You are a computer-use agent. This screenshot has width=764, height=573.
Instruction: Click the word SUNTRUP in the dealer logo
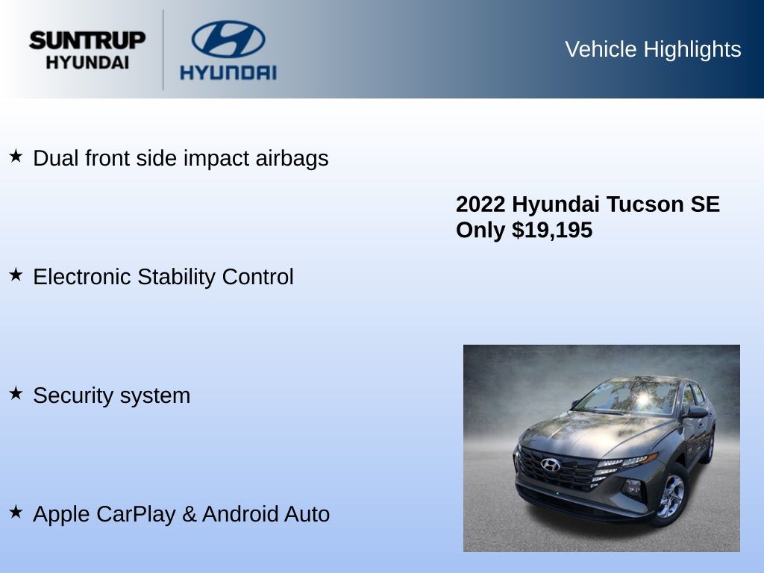[87, 40]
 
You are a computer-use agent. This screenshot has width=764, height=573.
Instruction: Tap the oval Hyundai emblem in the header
[228, 39]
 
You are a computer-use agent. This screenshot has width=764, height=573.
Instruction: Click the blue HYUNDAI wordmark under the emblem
[228, 72]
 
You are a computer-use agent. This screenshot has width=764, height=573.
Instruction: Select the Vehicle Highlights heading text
[653, 49]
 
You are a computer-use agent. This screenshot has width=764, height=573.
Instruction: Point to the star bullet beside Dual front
[16, 157]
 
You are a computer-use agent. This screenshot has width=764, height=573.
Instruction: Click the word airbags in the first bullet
[292, 159]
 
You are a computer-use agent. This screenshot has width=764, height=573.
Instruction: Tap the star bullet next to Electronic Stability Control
[16, 275]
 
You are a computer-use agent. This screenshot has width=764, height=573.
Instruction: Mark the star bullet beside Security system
[16, 393]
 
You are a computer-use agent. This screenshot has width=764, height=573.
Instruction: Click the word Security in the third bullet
[73, 395]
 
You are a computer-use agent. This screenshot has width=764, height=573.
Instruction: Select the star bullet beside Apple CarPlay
[16, 512]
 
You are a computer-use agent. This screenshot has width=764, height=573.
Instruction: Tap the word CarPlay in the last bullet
[136, 515]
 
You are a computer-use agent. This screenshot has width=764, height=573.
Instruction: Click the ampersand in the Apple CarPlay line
[189, 515]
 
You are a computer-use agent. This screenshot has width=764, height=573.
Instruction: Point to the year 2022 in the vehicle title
[480, 204]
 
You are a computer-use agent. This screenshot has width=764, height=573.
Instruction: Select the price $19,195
[552, 230]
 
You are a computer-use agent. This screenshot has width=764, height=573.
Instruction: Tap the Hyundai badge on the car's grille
[550, 465]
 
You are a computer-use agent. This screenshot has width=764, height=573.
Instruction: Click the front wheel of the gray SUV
[671, 496]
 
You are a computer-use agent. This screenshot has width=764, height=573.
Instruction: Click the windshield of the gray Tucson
[627, 396]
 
